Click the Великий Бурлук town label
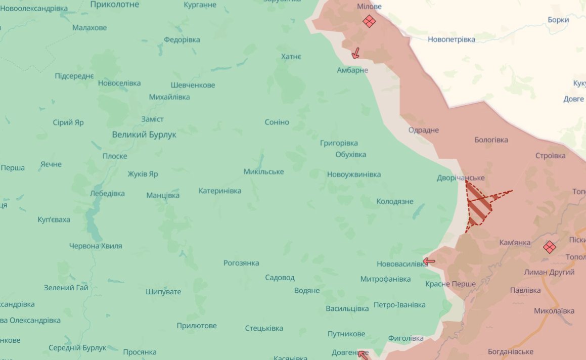144,134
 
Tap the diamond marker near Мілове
369,21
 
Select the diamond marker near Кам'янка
549,247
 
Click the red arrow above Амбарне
356,53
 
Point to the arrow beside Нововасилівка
429,261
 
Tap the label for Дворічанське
461,178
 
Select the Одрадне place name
424,130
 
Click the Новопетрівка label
451,39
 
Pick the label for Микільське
263,171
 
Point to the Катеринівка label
219,191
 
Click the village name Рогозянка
241,263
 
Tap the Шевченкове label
193,85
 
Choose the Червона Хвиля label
96,246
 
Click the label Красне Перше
450,284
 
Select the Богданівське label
511,351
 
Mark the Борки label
558,20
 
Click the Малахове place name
89,28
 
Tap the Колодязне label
395,201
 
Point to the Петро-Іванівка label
399,305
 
